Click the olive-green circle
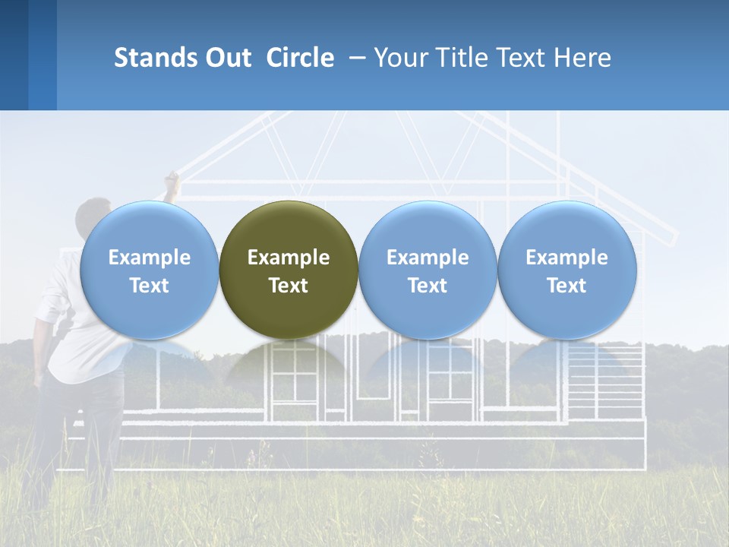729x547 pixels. click(x=289, y=228)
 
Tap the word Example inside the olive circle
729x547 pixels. click(x=289, y=258)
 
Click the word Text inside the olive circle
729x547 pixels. click(x=289, y=286)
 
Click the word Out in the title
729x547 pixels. click(x=228, y=58)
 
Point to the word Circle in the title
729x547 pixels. click(x=300, y=58)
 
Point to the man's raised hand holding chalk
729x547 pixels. click(x=172, y=179)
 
